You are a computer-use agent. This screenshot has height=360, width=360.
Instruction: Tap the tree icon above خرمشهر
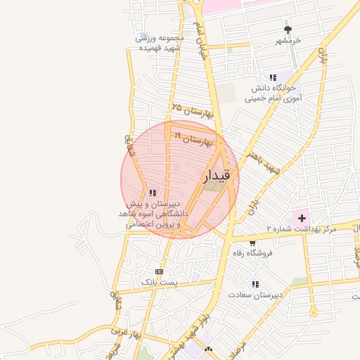(288, 29)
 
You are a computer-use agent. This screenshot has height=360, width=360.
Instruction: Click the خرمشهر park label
(288, 40)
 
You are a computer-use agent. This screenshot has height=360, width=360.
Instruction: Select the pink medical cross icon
(302, 218)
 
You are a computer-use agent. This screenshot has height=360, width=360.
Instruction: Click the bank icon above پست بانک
(159, 271)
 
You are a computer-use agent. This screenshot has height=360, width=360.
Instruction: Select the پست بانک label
(160, 282)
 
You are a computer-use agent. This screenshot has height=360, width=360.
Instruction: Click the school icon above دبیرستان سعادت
(255, 284)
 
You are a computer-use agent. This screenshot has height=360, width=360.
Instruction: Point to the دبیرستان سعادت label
(255, 295)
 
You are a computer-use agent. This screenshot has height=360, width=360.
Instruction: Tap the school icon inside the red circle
(153, 193)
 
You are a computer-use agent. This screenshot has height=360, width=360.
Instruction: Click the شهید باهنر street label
(259, 161)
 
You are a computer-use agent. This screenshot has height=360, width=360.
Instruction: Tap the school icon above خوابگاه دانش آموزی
(272, 77)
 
